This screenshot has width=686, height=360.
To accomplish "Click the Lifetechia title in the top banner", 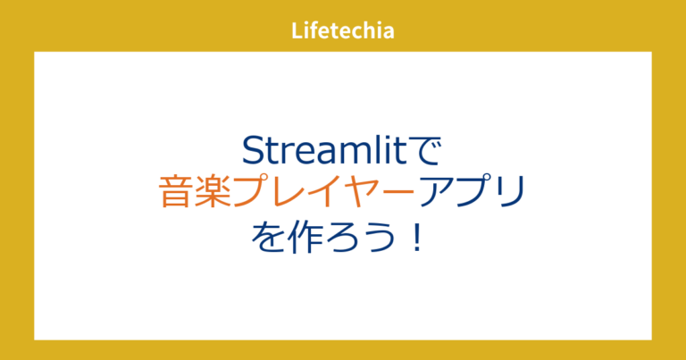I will [x=343, y=30].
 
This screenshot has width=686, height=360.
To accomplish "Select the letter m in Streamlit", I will [x=353, y=150].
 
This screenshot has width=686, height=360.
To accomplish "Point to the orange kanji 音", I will [x=178, y=193].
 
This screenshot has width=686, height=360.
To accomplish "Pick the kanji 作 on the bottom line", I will [x=306, y=238].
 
